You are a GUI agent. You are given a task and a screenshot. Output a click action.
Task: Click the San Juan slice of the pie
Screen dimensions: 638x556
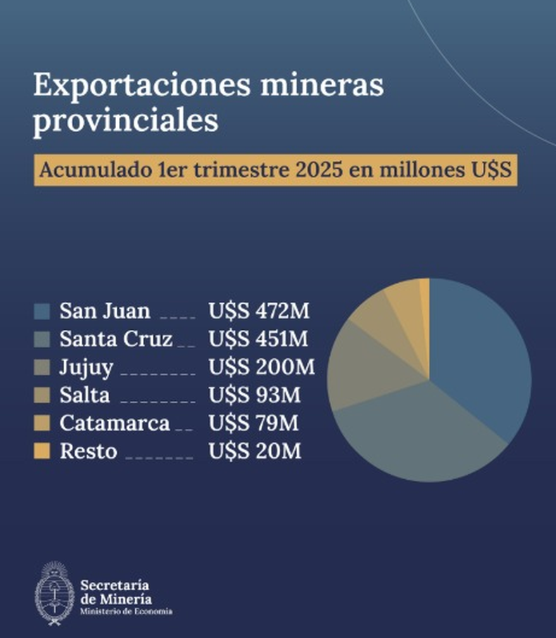coord(479,352)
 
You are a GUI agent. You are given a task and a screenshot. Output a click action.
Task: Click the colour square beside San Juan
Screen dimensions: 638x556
coord(42,311)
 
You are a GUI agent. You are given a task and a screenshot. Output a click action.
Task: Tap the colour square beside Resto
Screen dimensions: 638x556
coord(42,451)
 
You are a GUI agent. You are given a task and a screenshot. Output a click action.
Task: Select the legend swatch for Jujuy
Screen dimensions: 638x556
coord(42,367)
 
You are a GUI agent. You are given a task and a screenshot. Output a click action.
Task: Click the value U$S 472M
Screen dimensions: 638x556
coord(258,311)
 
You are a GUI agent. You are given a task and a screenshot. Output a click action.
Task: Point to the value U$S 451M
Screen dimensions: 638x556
coord(258,339)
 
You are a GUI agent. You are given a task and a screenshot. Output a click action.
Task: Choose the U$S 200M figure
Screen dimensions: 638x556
coord(261,367)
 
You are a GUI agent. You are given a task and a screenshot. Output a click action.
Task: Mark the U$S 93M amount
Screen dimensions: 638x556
coord(254,395)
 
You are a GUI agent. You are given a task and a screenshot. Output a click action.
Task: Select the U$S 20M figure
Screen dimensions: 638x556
coord(254,451)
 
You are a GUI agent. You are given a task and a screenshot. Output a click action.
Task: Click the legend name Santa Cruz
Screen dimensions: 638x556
coord(115,339)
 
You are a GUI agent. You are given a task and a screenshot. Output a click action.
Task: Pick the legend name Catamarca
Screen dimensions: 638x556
coord(114,423)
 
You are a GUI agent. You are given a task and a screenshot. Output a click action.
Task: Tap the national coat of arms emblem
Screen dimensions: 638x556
coord(54,593)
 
